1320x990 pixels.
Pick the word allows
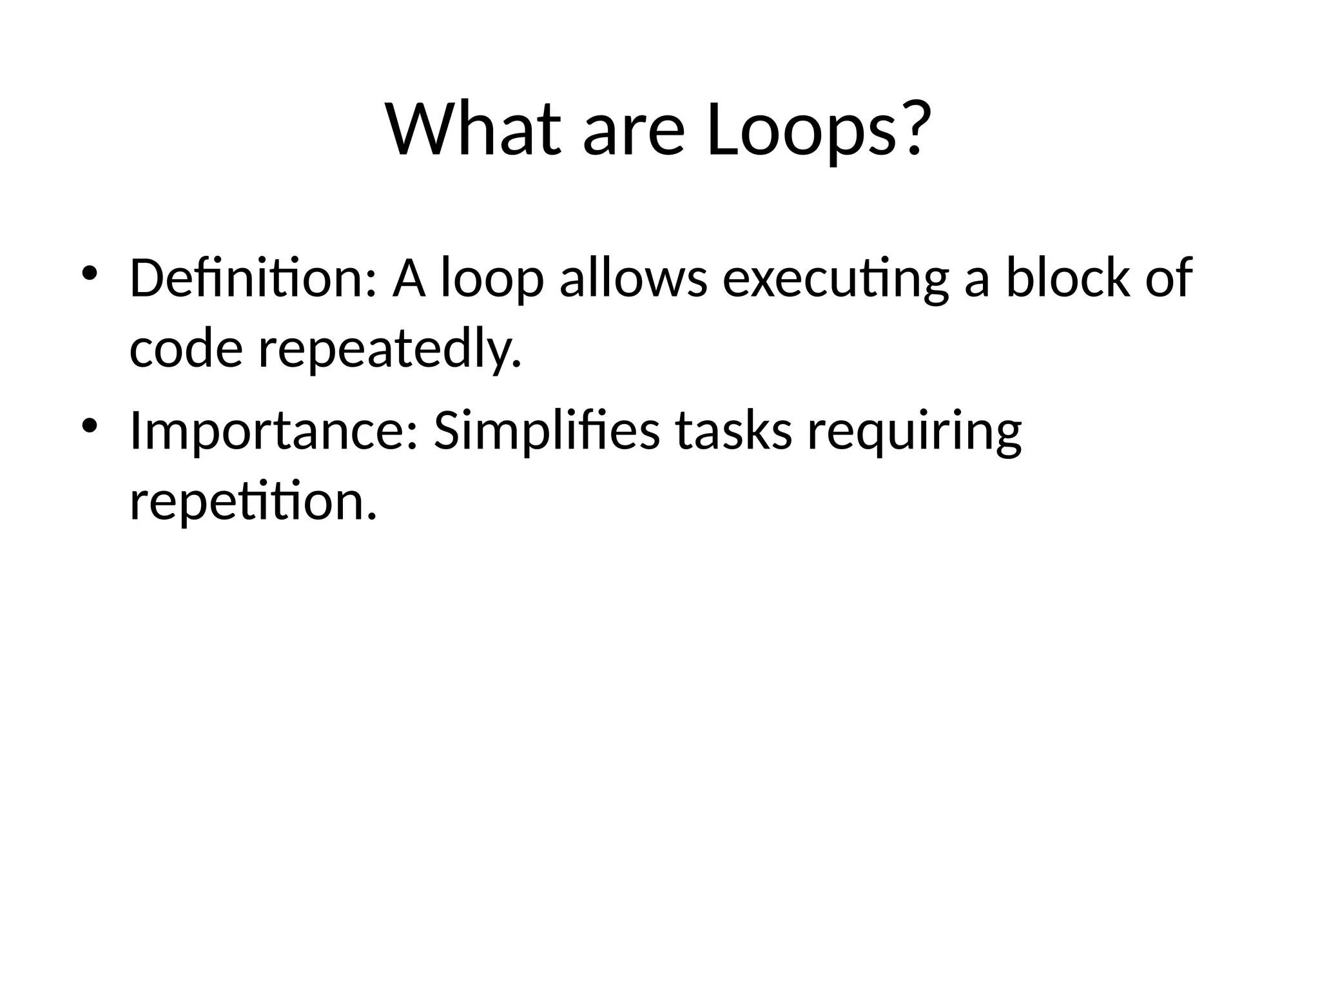tap(634, 278)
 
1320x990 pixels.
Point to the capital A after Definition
tap(409, 278)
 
